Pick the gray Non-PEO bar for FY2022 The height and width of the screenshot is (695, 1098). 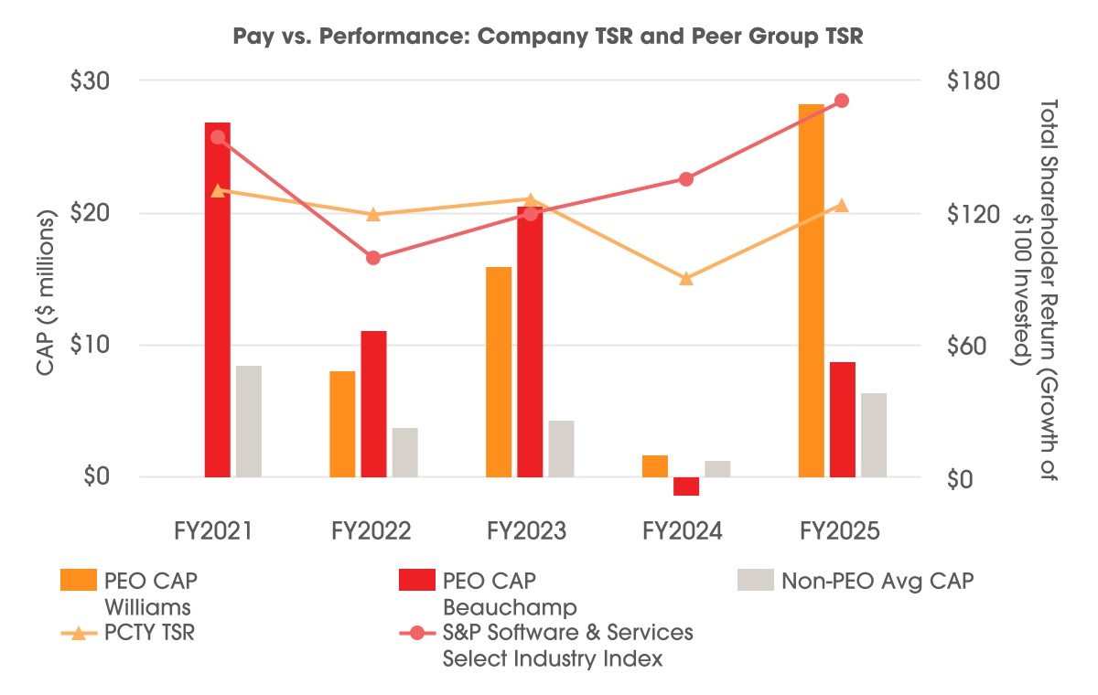404,453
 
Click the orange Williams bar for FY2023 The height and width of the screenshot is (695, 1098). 499,372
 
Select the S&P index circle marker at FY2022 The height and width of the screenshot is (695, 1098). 373,258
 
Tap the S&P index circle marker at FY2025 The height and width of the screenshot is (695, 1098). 843,101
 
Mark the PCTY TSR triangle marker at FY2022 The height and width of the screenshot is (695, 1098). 373,215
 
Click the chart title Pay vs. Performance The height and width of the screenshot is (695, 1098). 550,38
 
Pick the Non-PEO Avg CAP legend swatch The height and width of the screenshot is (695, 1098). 750,580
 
